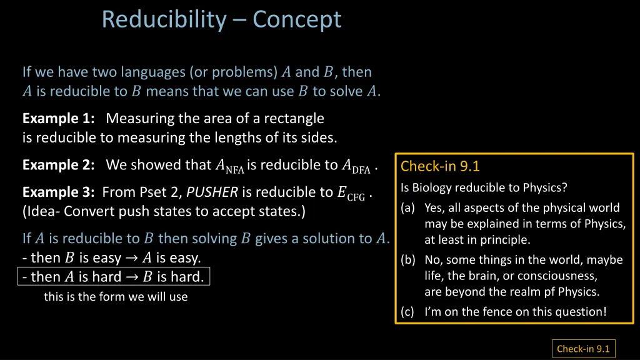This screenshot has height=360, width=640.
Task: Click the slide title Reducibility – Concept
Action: point(221,19)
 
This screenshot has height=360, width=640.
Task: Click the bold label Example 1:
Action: point(58,118)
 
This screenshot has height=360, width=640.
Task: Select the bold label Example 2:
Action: point(58,165)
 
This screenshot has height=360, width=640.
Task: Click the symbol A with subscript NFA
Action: point(229,166)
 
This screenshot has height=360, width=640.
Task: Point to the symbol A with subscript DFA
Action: point(356,166)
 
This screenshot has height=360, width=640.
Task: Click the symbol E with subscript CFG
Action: point(351,193)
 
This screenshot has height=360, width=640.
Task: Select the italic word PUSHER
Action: point(212,192)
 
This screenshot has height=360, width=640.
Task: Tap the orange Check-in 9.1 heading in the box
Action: point(440,166)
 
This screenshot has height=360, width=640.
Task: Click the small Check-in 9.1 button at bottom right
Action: point(582,349)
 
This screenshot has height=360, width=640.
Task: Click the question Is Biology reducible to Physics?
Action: point(484,187)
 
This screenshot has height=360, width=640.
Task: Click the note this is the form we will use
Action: point(116,297)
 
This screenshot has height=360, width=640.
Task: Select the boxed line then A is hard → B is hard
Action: point(114,276)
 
